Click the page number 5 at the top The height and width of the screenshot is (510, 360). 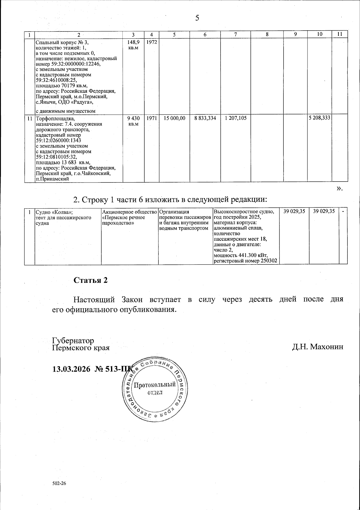pyautogui.click(x=197, y=18)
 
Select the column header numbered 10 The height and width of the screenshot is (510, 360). pyautogui.click(x=320, y=34)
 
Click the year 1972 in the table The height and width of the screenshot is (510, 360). pyautogui.click(x=152, y=42)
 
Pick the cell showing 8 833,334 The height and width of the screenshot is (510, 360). pyautogui.click(x=205, y=118)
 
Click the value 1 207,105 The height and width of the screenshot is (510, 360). pyautogui.click(x=236, y=118)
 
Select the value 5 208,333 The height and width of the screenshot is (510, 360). pyautogui.click(x=320, y=118)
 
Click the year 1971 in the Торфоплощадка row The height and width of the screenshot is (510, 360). pyautogui.click(x=152, y=118)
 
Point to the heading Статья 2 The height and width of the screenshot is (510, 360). pyautogui.click(x=91, y=280)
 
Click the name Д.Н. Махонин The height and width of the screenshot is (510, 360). pyautogui.click(x=318, y=347)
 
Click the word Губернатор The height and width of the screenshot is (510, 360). pyautogui.click(x=73, y=341)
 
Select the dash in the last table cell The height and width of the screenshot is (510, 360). pyautogui.click(x=343, y=212)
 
